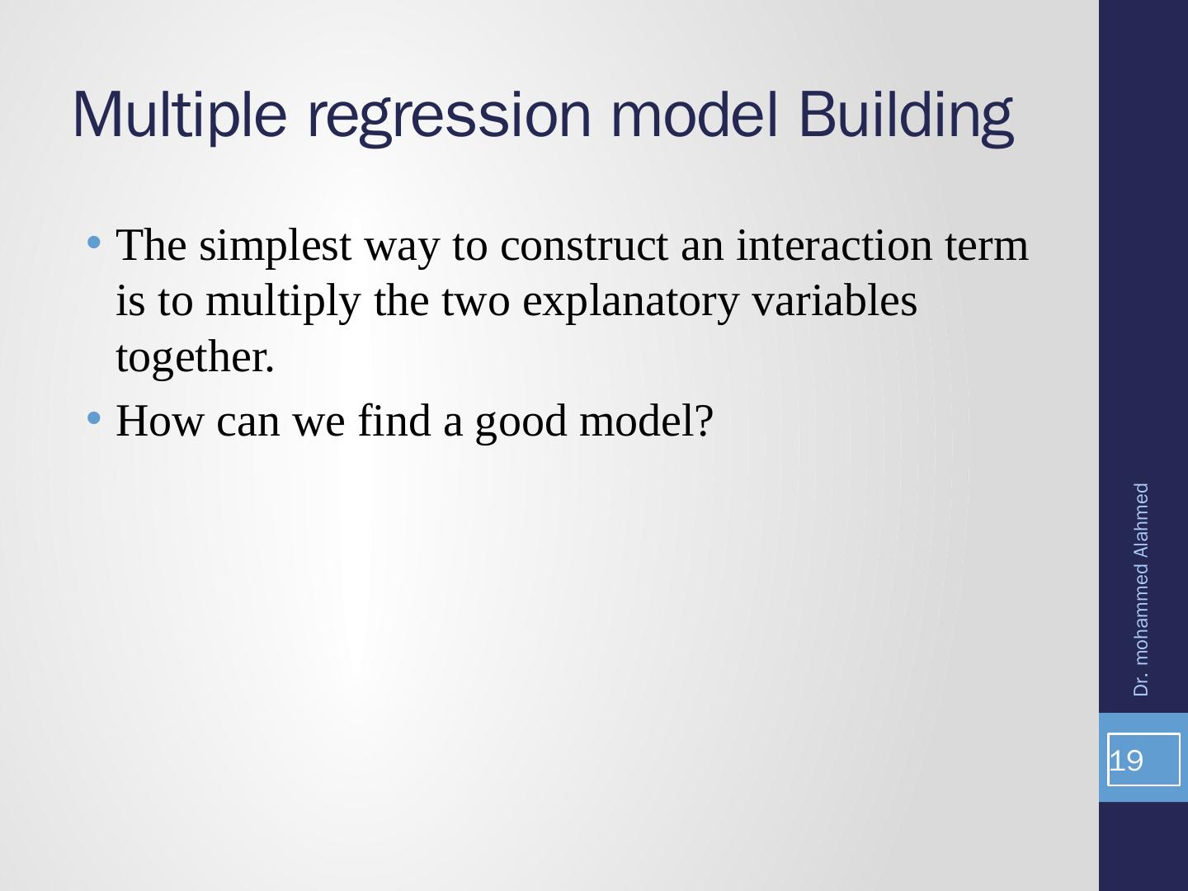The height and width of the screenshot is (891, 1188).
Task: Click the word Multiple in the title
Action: [x=179, y=116]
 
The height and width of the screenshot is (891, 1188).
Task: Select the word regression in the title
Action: [x=449, y=119]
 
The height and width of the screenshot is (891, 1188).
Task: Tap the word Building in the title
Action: [x=906, y=118]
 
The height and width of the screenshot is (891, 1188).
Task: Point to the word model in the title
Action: [x=695, y=115]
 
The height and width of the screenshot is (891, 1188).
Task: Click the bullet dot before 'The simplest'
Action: [x=93, y=243]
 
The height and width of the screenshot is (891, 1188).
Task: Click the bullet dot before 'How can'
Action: [x=93, y=417]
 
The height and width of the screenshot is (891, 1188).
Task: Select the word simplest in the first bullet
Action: [x=276, y=247]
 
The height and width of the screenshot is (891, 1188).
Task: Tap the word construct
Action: [x=585, y=247]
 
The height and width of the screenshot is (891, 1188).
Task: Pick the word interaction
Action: [x=834, y=245]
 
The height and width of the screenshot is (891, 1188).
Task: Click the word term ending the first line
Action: [x=987, y=247]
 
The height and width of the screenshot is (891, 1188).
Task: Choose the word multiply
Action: [x=283, y=303]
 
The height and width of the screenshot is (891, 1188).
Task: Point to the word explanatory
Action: [x=630, y=303]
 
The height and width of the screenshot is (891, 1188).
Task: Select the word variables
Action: [x=835, y=300]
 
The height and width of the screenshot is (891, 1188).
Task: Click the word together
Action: [x=196, y=359]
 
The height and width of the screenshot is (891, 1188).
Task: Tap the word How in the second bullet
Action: [x=160, y=421]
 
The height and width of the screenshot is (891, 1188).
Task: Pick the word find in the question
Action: [x=394, y=420]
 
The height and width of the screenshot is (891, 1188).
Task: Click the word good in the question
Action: [x=521, y=423]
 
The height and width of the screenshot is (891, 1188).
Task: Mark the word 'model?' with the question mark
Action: [x=647, y=421]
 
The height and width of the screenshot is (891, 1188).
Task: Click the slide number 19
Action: [x=1126, y=761]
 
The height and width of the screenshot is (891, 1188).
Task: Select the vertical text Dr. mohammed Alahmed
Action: [x=1140, y=590]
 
